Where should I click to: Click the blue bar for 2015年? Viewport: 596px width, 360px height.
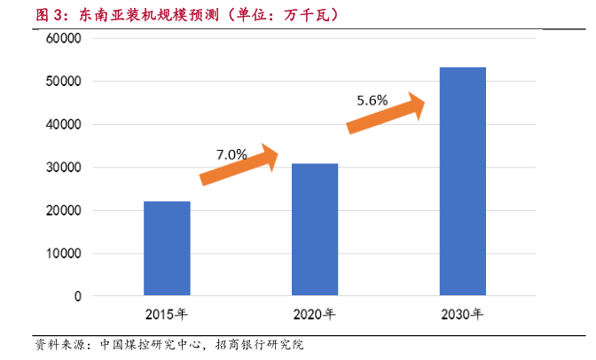pyautogui.click(x=167, y=248)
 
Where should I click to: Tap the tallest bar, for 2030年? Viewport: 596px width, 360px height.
pyautogui.click(x=463, y=181)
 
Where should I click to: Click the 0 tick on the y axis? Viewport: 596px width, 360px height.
pyautogui.click(x=78, y=296)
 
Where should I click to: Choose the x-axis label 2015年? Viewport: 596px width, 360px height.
pyautogui.click(x=167, y=314)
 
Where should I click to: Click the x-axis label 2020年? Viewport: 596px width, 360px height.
pyautogui.click(x=315, y=314)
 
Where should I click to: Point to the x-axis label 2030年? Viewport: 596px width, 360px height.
pyautogui.click(x=463, y=314)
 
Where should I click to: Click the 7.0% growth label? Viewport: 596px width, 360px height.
pyautogui.click(x=231, y=154)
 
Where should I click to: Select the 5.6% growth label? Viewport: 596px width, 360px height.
pyautogui.click(x=372, y=100)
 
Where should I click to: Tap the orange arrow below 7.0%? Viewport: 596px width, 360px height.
pyautogui.click(x=239, y=167)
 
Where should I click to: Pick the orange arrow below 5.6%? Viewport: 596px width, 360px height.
pyautogui.click(x=386, y=113)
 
